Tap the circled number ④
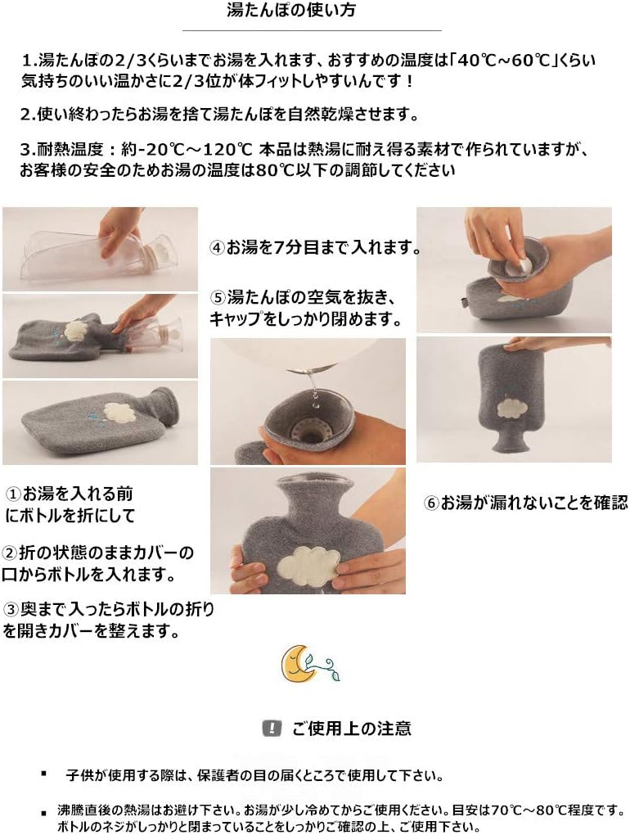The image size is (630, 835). coord(217,247)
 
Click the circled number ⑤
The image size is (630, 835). coord(218,297)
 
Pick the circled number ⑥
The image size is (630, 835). coord(432,503)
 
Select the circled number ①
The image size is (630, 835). coord(14,494)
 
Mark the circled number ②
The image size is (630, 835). coord(9,553)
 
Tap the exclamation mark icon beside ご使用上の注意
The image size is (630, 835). coord(268,728)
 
